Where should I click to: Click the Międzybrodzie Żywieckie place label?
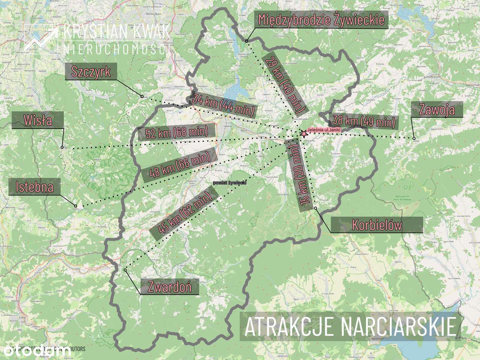321,19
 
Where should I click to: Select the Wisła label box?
37,120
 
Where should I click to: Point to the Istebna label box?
34,186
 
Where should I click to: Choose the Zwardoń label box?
169,287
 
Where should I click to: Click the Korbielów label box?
376,225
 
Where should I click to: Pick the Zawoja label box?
437,109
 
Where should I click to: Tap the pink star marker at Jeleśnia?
303,133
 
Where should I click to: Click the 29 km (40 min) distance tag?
283,84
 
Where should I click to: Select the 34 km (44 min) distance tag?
223,105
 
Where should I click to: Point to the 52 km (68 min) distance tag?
177,132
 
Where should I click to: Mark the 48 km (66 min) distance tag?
180,165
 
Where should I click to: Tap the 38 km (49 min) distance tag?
363,121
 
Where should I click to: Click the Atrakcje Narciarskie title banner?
350,326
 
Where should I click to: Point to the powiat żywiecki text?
229,182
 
